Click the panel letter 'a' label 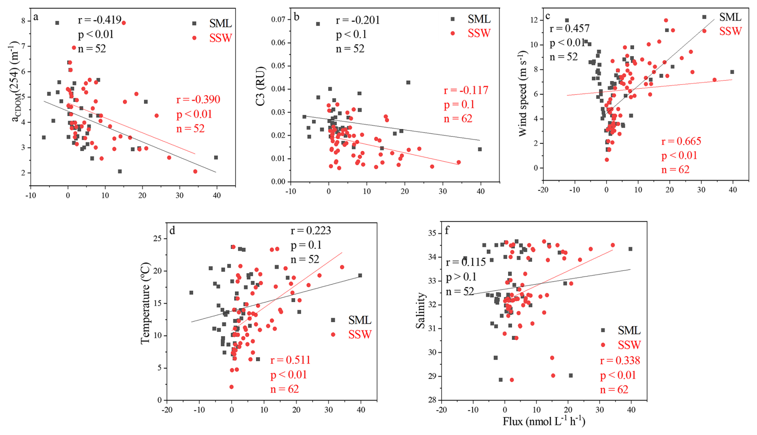(36, 17)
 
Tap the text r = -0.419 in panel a (99, 20)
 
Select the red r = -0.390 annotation (198, 99)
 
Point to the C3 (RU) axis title (260, 86)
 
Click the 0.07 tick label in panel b (278, 20)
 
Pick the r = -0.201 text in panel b (357, 20)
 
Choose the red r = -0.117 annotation (466, 90)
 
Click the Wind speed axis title (523, 94)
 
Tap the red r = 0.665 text (681, 141)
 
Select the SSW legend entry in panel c (730, 31)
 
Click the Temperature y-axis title (145, 303)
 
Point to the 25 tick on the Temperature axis (157, 239)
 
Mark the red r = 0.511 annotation (290, 360)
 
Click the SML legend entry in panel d (359, 320)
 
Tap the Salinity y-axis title (421, 311)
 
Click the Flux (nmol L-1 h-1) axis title (544, 422)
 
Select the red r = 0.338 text (620, 361)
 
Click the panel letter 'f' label (447, 230)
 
